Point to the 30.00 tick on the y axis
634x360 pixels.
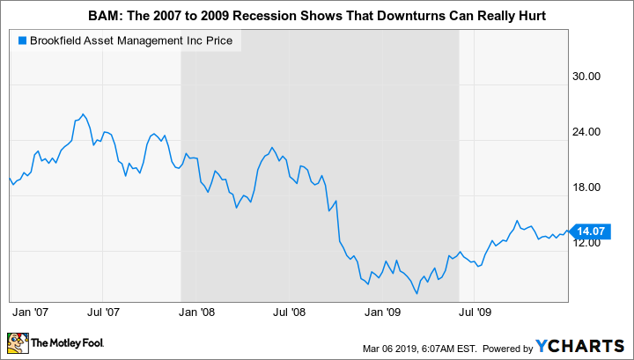pos(586,76)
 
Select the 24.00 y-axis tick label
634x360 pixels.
pos(586,131)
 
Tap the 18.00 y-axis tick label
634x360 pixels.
pos(586,187)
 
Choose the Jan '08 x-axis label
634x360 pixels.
pos(197,312)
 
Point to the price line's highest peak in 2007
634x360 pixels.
pos(82,114)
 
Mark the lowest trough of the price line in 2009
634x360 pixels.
pos(417,293)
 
